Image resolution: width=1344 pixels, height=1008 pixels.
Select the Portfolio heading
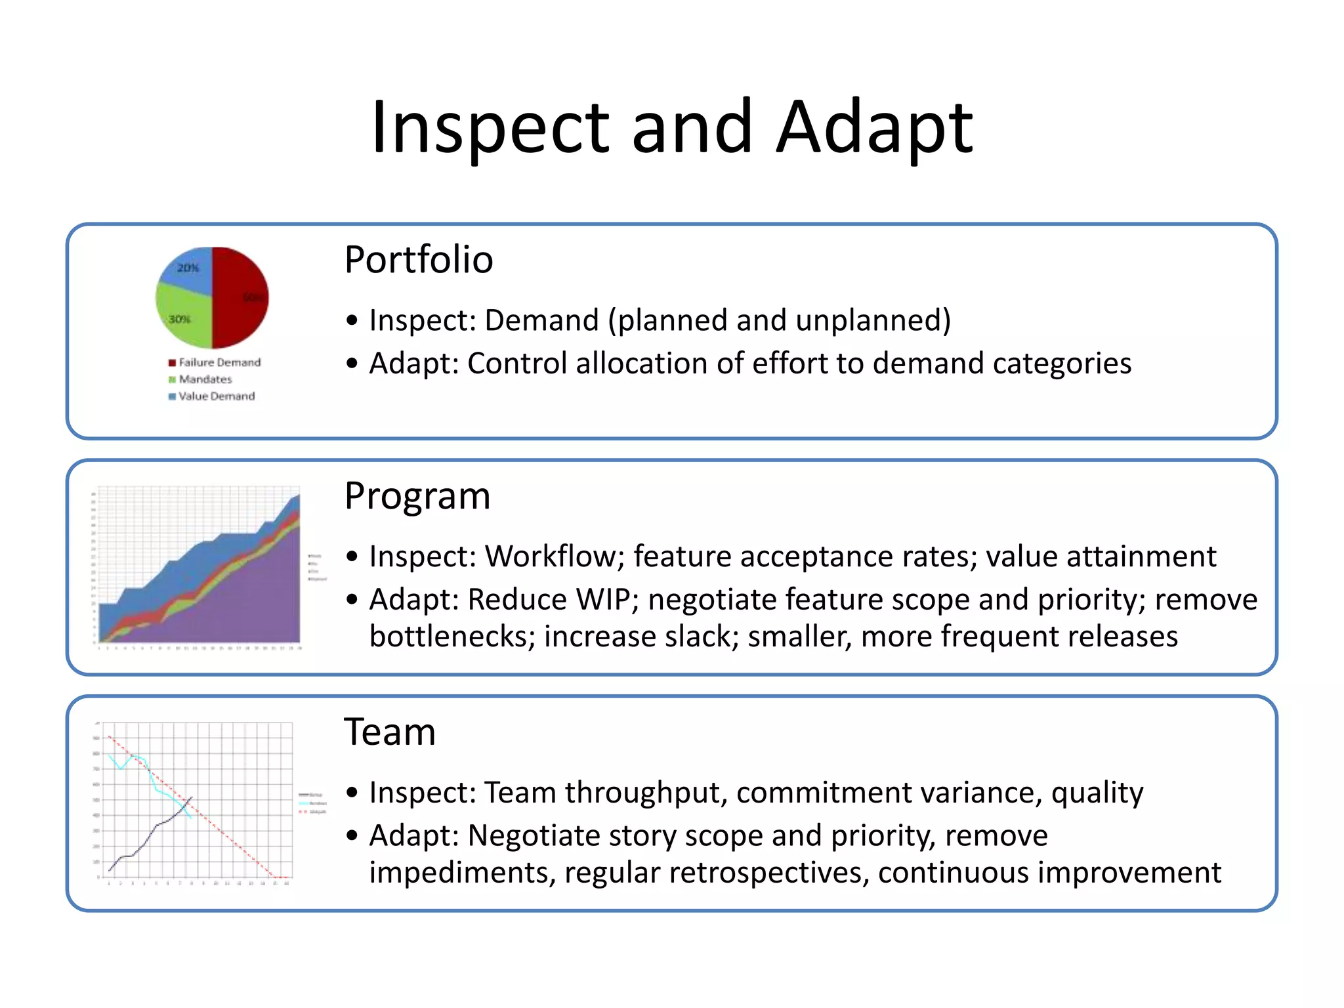418,259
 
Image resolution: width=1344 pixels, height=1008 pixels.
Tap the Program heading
417,495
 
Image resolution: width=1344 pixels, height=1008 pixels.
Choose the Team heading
390,732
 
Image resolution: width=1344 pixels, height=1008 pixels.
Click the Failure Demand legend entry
219,362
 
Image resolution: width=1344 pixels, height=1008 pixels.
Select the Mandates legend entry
205,379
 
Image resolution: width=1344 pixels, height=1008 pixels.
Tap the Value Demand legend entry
216,396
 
